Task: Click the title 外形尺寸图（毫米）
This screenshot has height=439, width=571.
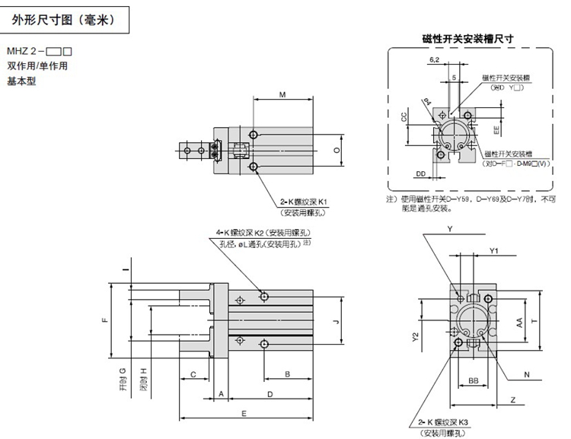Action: click(x=63, y=21)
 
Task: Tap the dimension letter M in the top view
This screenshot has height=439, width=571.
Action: click(x=282, y=95)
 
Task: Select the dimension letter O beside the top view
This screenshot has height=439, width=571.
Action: click(x=337, y=151)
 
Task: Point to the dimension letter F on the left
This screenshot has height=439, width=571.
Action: click(x=106, y=319)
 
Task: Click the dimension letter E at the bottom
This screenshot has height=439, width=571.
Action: click(x=243, y=412)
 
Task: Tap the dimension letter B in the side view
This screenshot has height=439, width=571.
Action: click(x=287, y=374)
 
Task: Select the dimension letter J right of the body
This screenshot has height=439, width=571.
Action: click(x=336, y=320)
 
